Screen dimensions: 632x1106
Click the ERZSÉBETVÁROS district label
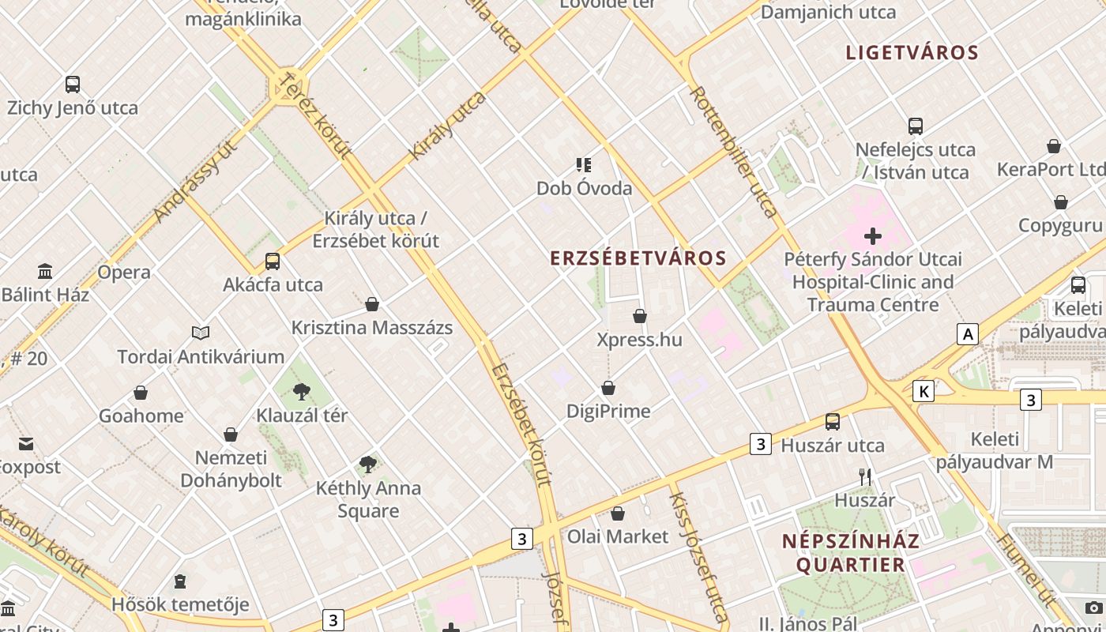pyautogui.click(x=638, y=258)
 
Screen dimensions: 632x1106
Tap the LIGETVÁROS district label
pyautogui.click(x=912, y=53)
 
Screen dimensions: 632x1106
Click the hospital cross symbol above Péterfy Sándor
pyautogui.click(x=873, y=235)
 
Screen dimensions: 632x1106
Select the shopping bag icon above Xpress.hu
pyautogui.click(x=640, y=317)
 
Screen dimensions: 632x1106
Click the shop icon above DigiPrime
pyautogui.click(x=608, y=388)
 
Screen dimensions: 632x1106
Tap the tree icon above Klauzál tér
pyautogui.click(x=301, y=391)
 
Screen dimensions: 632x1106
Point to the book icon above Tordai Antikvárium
pyautogui.click(x=201, y=333)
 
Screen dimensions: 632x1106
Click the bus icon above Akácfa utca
pyautogui.click(x=273, y=261)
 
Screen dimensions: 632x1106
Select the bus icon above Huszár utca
pyautogui.click(x=833, y=422)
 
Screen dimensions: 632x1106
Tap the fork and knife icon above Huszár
pyautogui.click(x=865, y=476)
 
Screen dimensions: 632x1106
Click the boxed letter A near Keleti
pyautogui.click(x=968, y=334)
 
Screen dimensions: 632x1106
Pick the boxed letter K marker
pyautogui.click(x=924, y=390)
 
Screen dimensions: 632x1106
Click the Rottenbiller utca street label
pyautogui.click(x=734, y=152)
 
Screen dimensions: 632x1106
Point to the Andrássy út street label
pyautogui.click(x=195, y=182)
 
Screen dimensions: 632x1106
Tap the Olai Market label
pyautogui.click(x=618, y=536)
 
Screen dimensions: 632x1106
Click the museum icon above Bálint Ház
pyautogui.click(x=45, y=271)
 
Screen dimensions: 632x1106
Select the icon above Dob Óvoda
pyautogui.click(x=584, y=165)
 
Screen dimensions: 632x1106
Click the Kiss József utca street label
pyautogui.click(x=698, y=557)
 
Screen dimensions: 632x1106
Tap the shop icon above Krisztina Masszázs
pyautogui.click(x=372, y=304)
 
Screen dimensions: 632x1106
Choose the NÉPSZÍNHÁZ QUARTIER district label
pyautogui.click(x=850, y=553)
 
